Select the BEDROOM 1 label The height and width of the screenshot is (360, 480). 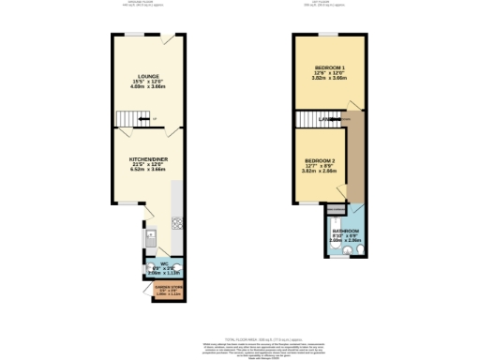pos(329,68)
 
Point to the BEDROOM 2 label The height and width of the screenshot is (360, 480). pos(320,160)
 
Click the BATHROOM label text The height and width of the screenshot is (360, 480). pos(343,231)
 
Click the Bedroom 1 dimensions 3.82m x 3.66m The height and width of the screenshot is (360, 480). pos(329,80)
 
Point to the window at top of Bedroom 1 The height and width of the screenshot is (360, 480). pos(328,36)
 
